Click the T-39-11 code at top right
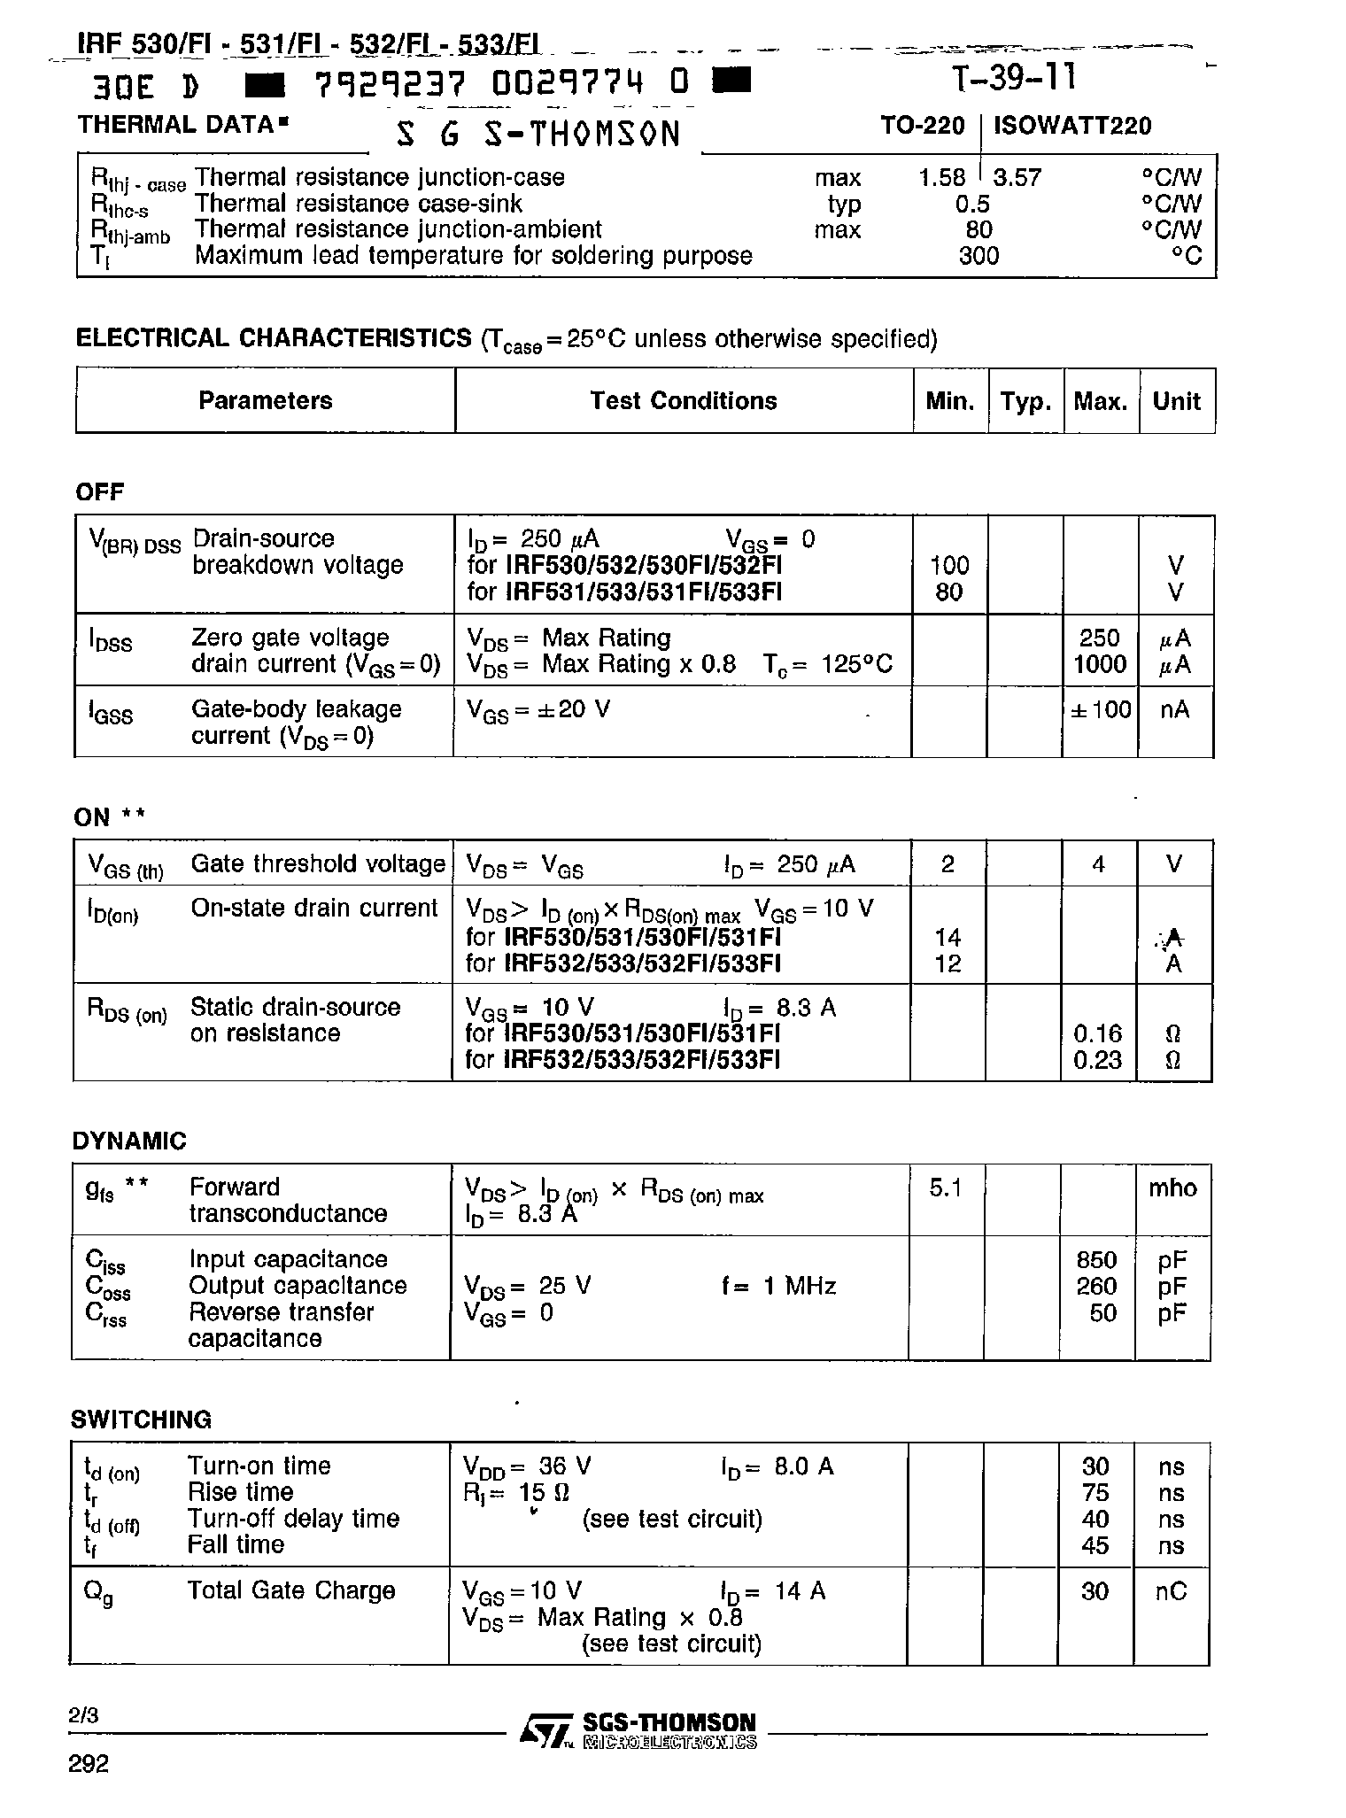point(1015,80)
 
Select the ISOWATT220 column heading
point(1072,126)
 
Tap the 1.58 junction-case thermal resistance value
point(942,178)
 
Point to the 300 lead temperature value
point(979,257)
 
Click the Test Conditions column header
point(683,401)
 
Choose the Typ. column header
point(1025,402)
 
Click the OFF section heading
point(100,492)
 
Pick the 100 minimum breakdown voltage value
point(949,566)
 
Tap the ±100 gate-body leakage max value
point(1101,710)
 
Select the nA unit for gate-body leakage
point(1174,710)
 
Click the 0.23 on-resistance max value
point(1097,1060)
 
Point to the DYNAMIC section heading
point(129,1141)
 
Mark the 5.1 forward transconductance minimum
point(946,1188)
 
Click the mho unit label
point(1172,1188)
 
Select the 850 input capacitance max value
point(1097,1260)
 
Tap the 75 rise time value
point(1095,1493)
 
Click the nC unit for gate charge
point(1171,1592)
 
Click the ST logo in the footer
point(545,1729)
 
